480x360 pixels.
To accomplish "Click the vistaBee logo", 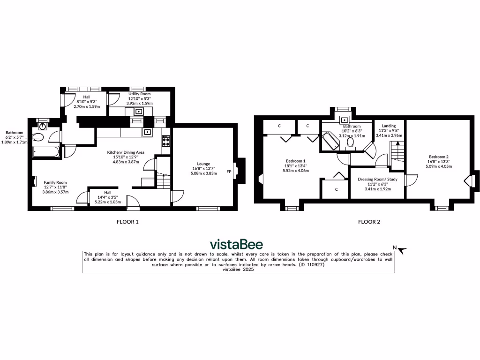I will (x=236, y=244).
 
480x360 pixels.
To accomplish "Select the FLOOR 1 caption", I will (x=127, y=222).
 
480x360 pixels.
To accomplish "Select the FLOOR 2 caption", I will (x=369, y=222).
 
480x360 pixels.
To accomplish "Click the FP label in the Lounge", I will (x=229, y=172).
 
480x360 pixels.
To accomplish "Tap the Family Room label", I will (x=55, y=182).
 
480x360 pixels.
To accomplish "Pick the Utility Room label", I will (x=139, y=94).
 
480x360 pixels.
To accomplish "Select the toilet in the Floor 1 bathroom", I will (x=39, y=137).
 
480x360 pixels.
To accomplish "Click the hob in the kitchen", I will (x=166, y=141).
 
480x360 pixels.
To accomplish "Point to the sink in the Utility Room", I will (x=139, y=112).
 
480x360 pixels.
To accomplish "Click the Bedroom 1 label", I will (x=295, y=160).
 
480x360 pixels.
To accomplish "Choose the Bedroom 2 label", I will (x=439, y=157).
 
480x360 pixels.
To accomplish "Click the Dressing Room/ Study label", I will (x=377, y=179).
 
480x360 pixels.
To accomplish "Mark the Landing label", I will (x=389, y=126).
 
